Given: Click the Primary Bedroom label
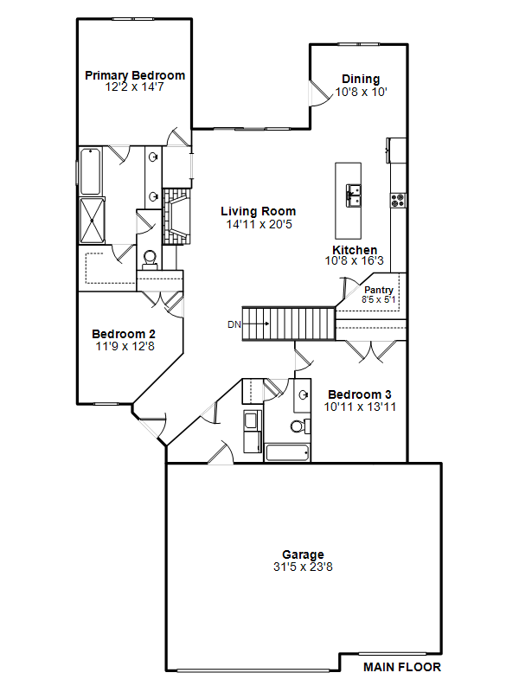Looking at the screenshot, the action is (135, 75).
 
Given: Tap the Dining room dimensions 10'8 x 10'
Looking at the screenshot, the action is (361, 92).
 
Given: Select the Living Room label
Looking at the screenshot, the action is (258, 211).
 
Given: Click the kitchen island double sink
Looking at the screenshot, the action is (353, 195).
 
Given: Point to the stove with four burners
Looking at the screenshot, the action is (398, 200).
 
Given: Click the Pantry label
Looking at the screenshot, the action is (379, 290).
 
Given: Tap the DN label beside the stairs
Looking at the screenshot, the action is (234, 324).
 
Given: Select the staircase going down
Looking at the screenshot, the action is (288, 324).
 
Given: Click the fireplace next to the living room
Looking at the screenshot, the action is (177, 216).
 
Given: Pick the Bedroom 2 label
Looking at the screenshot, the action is (124, 334).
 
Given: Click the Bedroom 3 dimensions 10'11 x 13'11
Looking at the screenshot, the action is (360, 407).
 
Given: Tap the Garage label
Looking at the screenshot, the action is (304, 554).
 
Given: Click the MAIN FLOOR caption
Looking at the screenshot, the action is (402, 667).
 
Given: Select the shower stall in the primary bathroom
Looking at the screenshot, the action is (92, 221).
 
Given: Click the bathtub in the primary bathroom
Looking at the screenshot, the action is (91, 171).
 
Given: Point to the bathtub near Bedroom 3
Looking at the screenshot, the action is (287, 452).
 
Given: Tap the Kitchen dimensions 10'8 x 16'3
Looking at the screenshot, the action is (355, 261).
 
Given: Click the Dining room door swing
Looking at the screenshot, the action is (320, 93).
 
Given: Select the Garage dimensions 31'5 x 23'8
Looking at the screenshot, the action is (303, 567).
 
